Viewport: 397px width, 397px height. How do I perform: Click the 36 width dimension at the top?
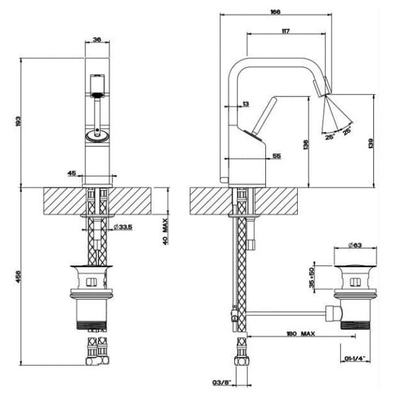(97, 40)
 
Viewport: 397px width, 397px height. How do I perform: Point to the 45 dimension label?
(71, 173)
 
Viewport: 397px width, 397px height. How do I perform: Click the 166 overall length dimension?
(276, 11)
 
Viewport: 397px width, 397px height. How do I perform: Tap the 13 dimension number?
(245, 104)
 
